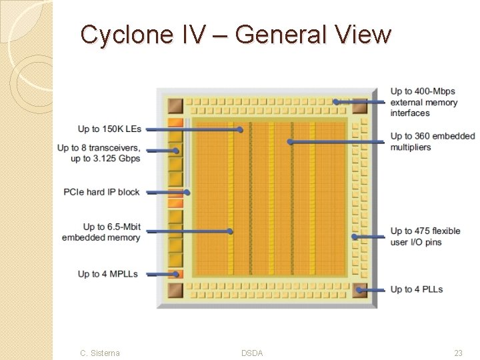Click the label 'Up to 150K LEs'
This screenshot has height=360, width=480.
point(109,129)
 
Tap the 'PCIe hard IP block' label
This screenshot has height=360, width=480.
point(101,192)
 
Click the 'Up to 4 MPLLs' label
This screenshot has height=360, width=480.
point(107,274)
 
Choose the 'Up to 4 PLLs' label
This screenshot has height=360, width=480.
point(417,289)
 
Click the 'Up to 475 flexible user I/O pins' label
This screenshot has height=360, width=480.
point(425,236)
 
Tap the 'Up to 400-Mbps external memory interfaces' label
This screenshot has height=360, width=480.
point(424,102)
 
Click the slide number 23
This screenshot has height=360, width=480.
point(458,353)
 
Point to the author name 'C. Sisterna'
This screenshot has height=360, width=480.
point(100,353)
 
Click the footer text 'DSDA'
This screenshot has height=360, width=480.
point(252,353)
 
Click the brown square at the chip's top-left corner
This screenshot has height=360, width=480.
point(175,105)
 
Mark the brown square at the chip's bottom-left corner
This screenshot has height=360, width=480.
point(175,291)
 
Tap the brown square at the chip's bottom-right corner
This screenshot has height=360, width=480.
point(360,291)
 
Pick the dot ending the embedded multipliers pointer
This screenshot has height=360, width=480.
point(289,141)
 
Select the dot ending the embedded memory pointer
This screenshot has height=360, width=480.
point(230,231)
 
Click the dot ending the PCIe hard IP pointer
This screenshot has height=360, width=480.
point(187,193)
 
